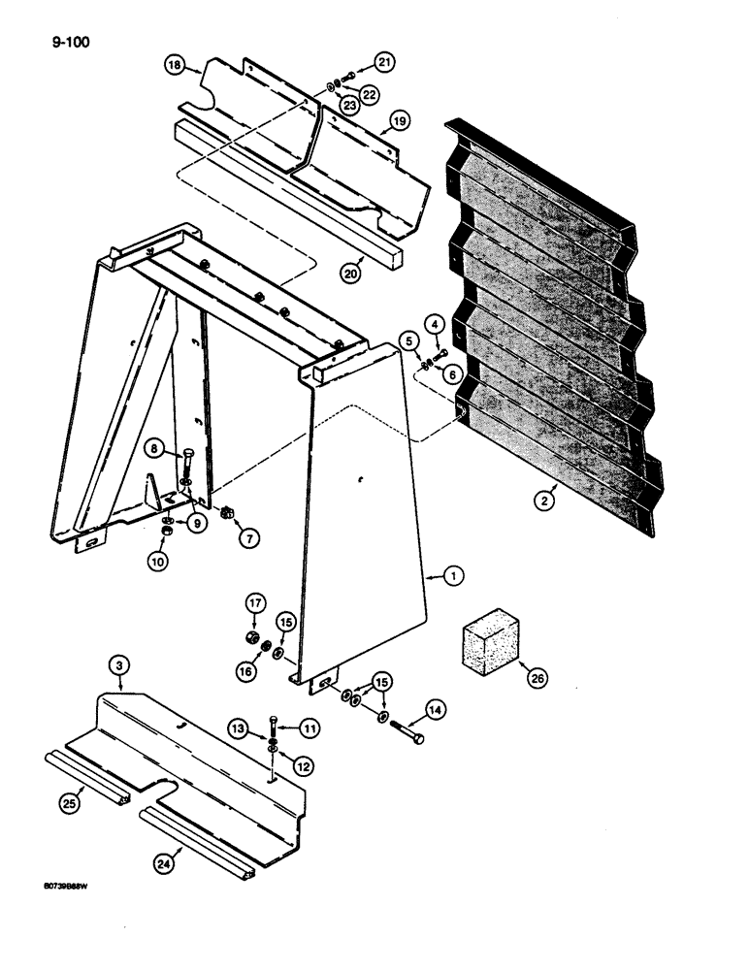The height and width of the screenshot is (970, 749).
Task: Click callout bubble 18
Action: (x=175, y=65)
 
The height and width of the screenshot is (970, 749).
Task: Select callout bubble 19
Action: (x=398, y=122)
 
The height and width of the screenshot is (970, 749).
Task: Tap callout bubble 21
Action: (x=386, y=63)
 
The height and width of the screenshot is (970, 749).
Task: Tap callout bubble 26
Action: (x=537, y=679)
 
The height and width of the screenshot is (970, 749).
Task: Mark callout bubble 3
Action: (x=117, y=665)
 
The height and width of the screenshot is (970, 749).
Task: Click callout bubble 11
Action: (x=309, y=726)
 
